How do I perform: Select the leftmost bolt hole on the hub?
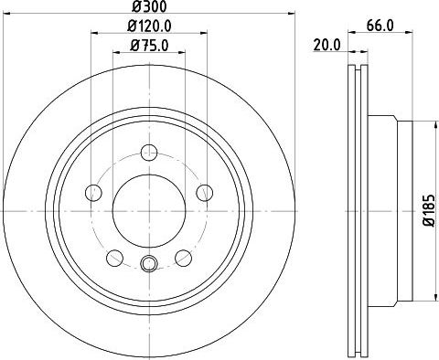point(92,192)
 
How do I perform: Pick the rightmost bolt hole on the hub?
point(206,192)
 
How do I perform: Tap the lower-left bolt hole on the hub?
point(114,258)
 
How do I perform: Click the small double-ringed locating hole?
point(150,265)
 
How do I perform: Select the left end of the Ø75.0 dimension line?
point(113,53)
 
